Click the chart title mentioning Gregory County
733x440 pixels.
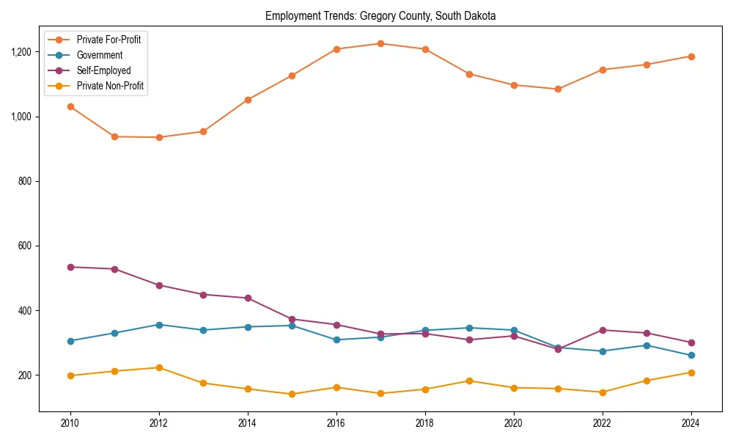(x=380, y=15)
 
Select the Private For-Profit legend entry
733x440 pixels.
(x=108, y=40)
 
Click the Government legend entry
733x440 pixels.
(x=99, y=55)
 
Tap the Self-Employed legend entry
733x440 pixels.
(x=103, y=70)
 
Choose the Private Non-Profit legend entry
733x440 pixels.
(x=110, y=86)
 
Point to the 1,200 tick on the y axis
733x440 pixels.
(x=21, y=52)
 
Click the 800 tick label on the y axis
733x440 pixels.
(x=24, y=181)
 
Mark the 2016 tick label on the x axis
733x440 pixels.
(x=336, y=423)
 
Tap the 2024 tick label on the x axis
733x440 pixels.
(x=690, y=423)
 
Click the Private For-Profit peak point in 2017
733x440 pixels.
(x=380, y=43)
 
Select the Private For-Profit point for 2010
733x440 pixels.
(x=70, y=106)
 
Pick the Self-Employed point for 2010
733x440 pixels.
(x=70, y=267)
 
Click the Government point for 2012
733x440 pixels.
(x=159, y=324)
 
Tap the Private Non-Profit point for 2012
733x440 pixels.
(x=159, y=367)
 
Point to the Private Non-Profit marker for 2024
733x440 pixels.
(x=690, y=373)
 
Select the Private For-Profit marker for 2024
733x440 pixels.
(x=690, y=56)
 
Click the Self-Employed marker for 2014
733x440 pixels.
(x=248, y=298)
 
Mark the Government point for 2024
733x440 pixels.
(x=690, y=355)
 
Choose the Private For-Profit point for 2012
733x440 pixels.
(x=159, y=137)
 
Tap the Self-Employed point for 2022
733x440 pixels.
(x=602, y=330)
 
